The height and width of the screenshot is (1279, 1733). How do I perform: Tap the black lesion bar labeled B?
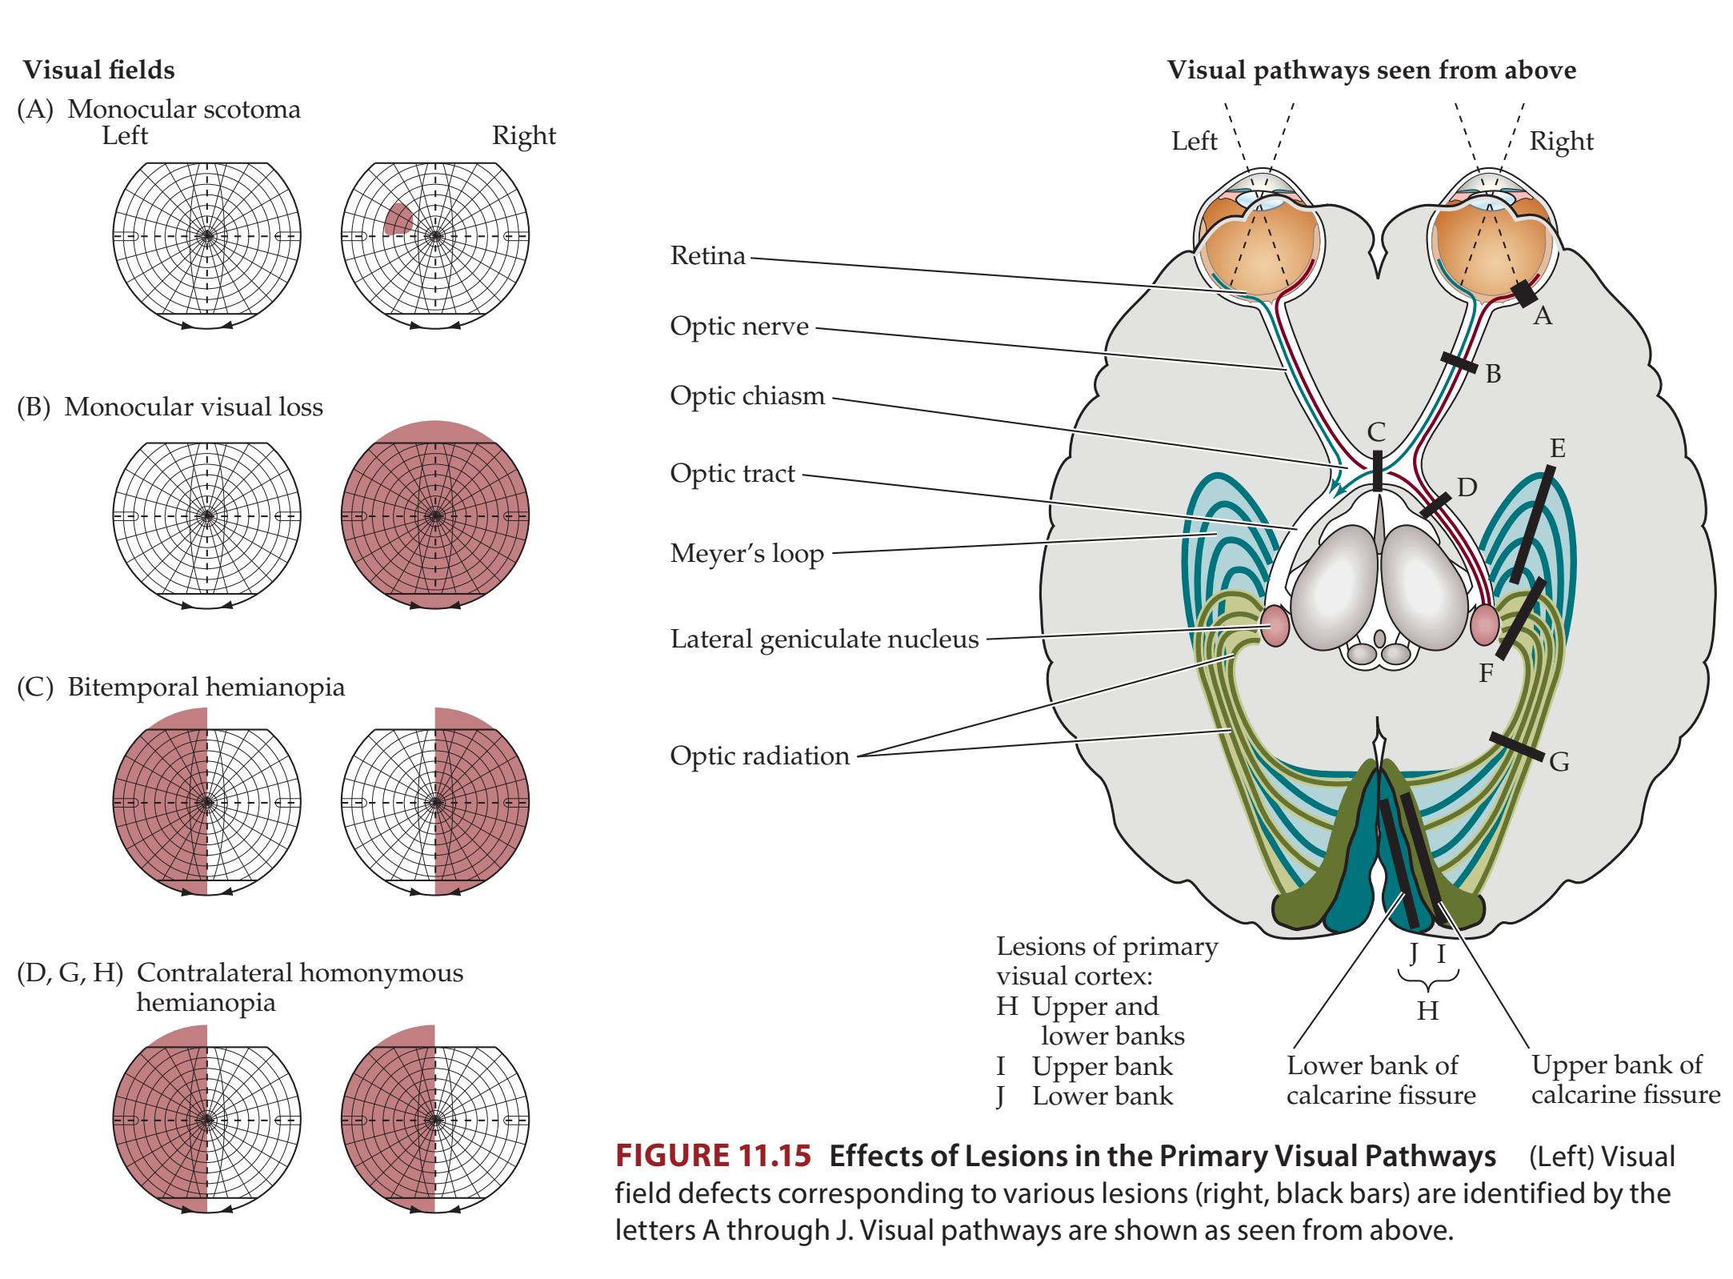click(x=1459, y=362)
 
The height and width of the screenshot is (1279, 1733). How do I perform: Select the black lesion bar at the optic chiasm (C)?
click(x=1377, y=471)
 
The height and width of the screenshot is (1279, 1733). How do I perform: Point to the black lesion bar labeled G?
click(x=1516, y=745)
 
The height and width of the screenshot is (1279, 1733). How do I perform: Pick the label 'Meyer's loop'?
click(x=746, y=553)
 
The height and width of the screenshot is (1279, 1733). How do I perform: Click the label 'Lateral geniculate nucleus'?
click(x=824, y=639)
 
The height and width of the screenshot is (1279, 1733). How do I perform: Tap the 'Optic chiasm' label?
click(x=746, y=395)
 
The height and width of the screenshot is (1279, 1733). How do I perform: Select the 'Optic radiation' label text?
click(x=759, y=756)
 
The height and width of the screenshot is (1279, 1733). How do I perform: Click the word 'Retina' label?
click(x=707, y=256)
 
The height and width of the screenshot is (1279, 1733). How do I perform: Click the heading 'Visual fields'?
click(x=98, y=70)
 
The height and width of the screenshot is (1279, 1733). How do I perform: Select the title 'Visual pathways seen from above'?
click(x=1371, y=70)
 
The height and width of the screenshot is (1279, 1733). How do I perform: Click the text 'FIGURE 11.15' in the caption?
click(x=714, y=1157)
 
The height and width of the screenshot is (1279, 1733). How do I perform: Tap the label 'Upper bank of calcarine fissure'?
click(x=1625, y=1080)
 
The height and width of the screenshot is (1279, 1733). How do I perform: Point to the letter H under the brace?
click(x=1427, y=1012)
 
